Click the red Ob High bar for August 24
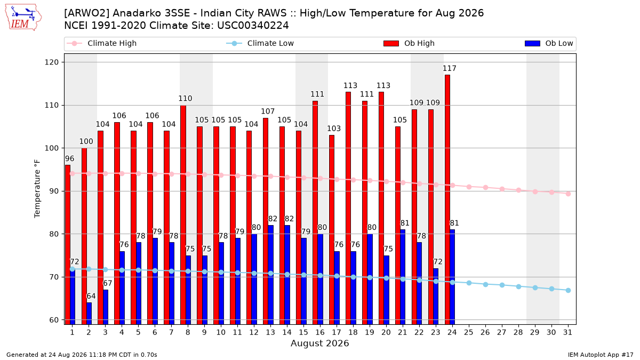click(447, 199)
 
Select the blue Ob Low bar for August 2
click(89, 314)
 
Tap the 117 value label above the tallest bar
click(450, 69)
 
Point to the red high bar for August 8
click(183, 215)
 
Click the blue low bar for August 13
click(270, 275)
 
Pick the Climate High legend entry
click(102, 43)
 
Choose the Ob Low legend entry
click(549, 43)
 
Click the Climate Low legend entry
click(260, 43)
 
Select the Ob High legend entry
click(409, 43)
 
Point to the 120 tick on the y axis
click(51, 62)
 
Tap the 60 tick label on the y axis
click(54, 320)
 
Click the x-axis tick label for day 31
click(567, 332)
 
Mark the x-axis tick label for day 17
click(337, 332)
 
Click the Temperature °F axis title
click(37, 189)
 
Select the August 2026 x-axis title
click(319, 343)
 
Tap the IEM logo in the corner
click(23, 18)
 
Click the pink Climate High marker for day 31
click(569, 194)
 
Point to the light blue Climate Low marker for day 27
click(502, 285)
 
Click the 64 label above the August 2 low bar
click(91, 297)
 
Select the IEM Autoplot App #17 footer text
click(601, 355)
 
